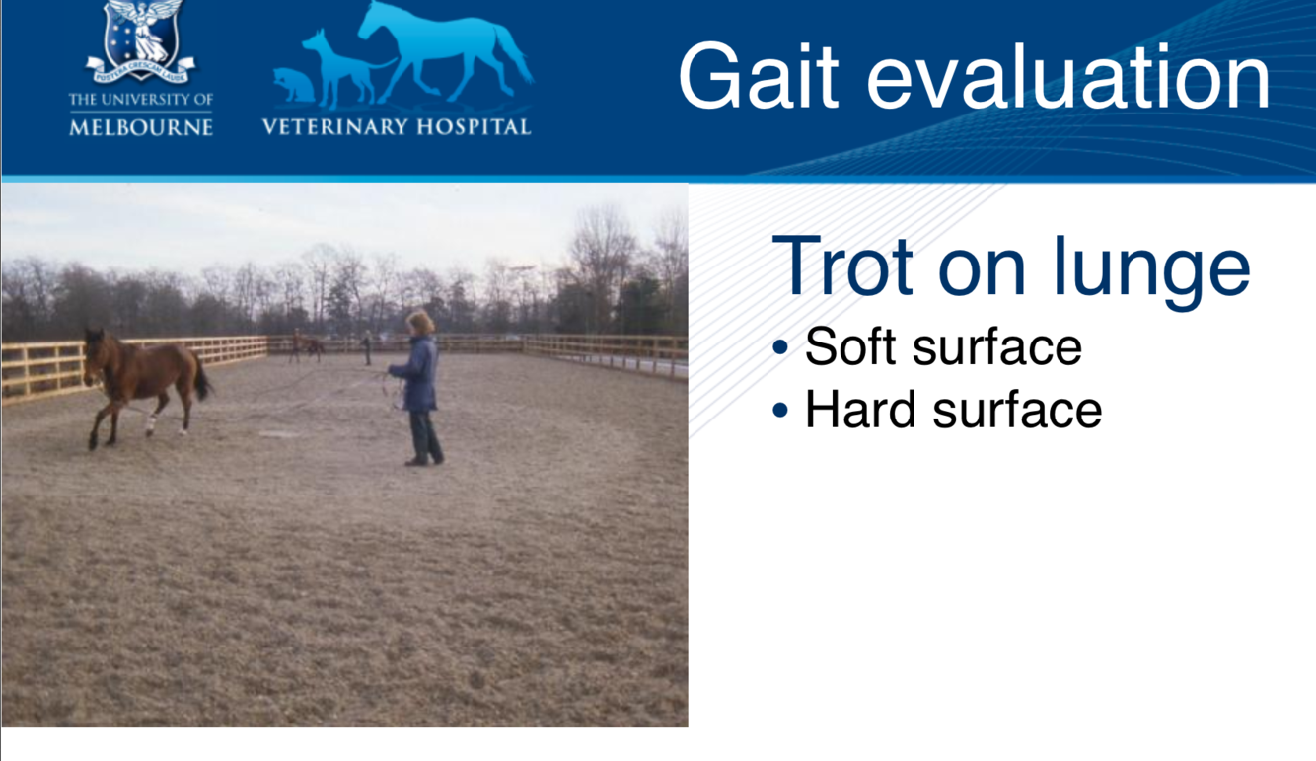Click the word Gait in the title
(759, 76)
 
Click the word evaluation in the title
(1068, 76)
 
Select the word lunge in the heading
(1151, 272)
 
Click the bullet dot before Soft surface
(780, 347)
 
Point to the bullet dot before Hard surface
(780, 410)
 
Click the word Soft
(850, 346)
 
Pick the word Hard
(860, 409)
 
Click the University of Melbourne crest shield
(141, 36)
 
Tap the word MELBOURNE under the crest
(141, 127)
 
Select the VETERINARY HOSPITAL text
(397, 127)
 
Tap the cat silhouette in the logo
(294, 85)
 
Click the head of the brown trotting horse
(94, 356)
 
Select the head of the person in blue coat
(420, 323)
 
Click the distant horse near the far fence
(307, 346)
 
